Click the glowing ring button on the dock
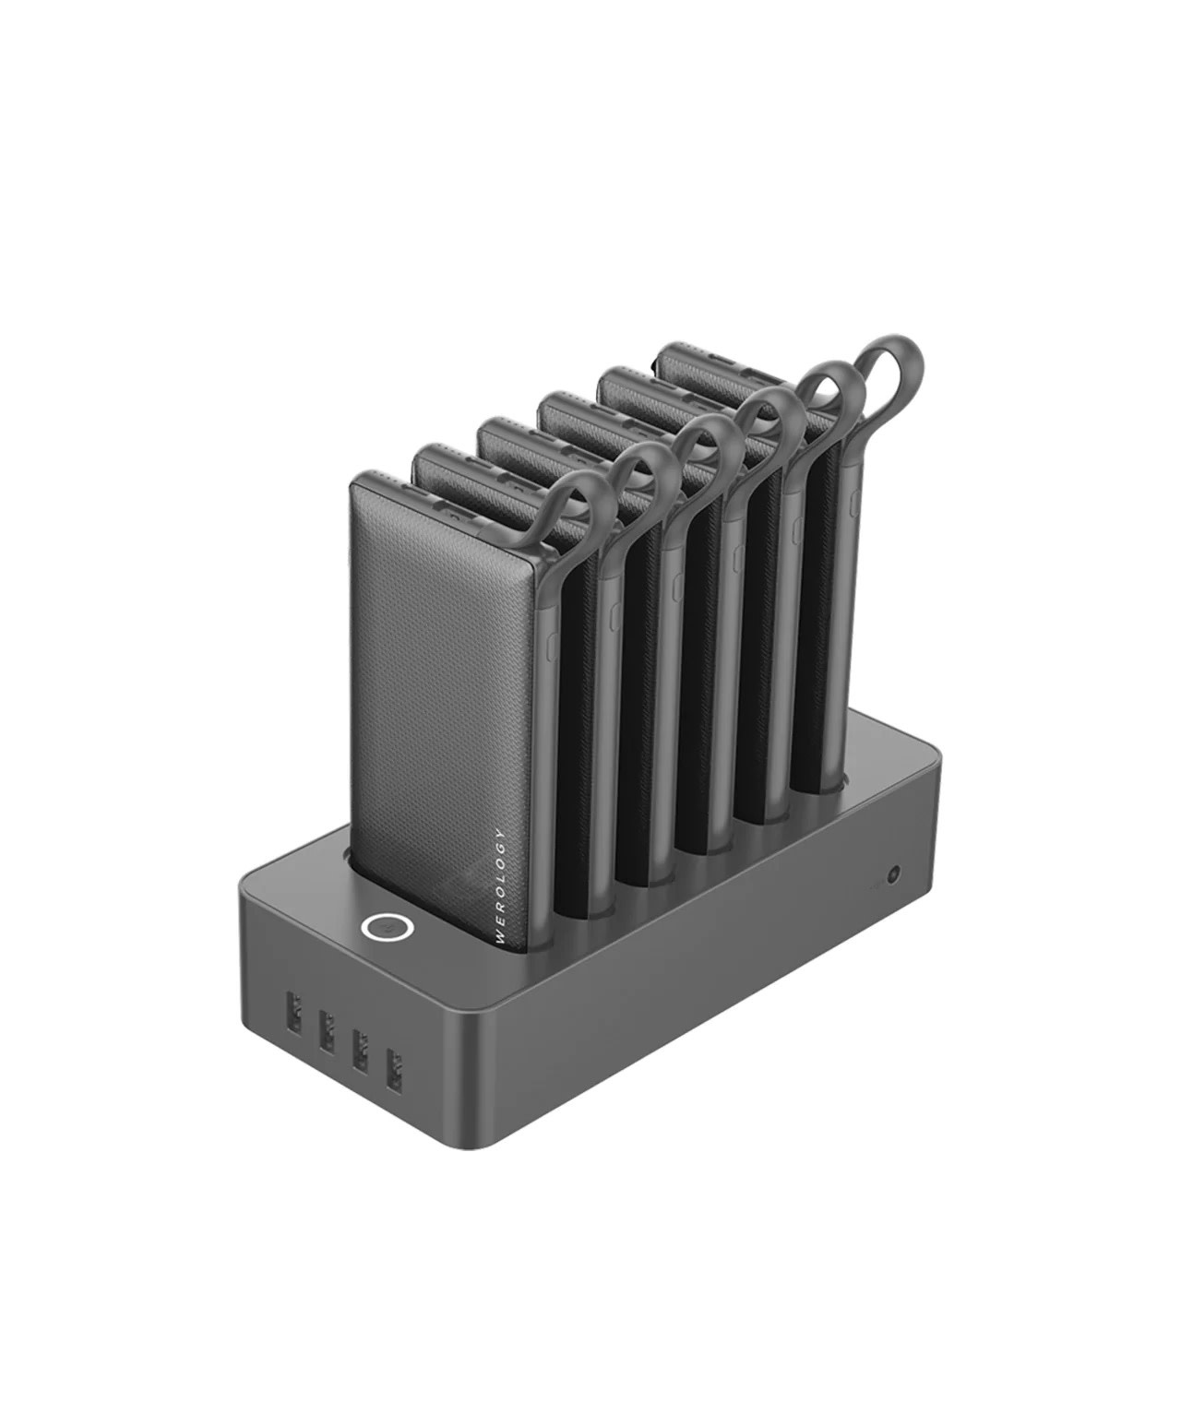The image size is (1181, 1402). pos(387,928)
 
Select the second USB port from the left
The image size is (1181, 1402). pos(327,1031)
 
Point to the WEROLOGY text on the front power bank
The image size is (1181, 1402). pos(501,886)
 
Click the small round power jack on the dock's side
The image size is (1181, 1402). pos(892,873)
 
